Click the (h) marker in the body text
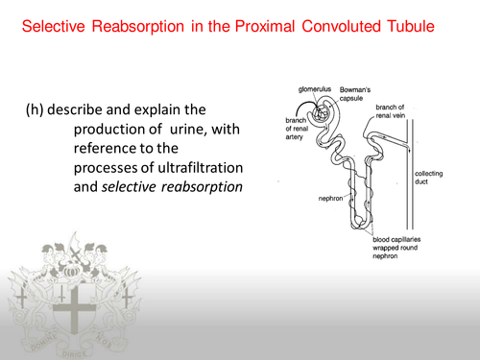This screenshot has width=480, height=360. click(x=36, y=108)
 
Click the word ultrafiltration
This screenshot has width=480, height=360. click(x=182, y=165)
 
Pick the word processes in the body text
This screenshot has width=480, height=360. click(x=104, y=165)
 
